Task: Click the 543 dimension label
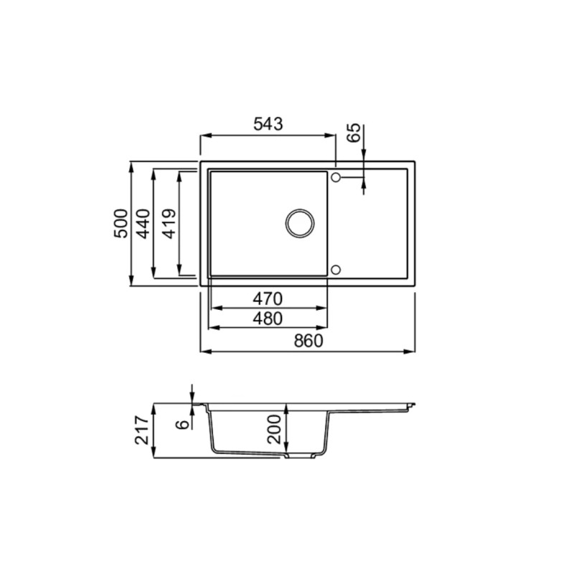[268, 124]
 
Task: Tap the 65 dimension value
[354, 133]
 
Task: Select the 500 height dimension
[121, 224]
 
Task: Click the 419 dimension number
[169, 224]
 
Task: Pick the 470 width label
[268, 299]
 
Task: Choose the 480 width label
[268, 319]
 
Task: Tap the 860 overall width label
[309, 341]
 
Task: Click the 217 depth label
[141, 430]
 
